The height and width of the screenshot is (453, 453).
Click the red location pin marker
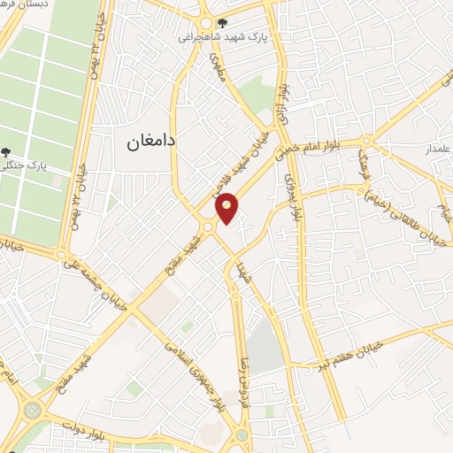pyautogui.click(x=227, y=208)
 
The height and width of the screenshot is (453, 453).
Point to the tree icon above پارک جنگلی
pyautogui.click(x=7, y=152)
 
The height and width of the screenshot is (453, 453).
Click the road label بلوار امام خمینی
pyautogui.click(x=324, y=141)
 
